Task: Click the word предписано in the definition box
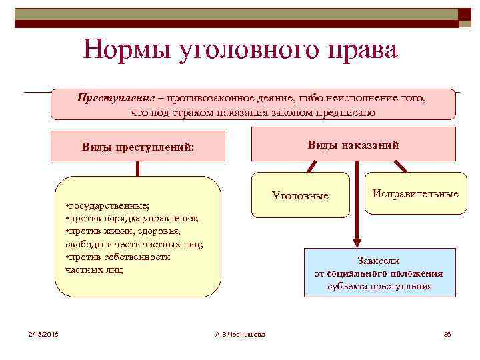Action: click(x=346, y=112)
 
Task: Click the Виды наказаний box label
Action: click(x=353, y=145)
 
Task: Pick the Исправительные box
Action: click(x=415, y=194)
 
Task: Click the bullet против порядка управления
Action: click(x=132, y=219)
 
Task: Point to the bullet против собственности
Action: click(x=117, y=257)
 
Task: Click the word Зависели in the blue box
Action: click(x=379, y=261)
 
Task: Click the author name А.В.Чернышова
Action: click(x=241, y=334)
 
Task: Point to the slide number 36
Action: click(x=447, y=334)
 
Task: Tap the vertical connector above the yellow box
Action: click(x=138, y=168)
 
